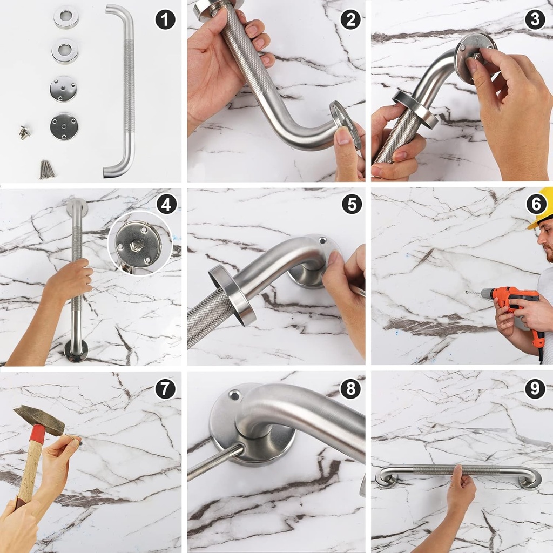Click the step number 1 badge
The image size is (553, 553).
[x=165, y=19]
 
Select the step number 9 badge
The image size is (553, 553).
[x=535, y=388]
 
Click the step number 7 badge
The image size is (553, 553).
[x=165, y=389]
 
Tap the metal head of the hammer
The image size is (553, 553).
[x=39, y=420]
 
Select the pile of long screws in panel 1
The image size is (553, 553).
[x=48, y=169]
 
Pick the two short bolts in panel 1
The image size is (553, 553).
[x=24, y=132]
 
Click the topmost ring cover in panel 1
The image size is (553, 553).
[x=66, y=17]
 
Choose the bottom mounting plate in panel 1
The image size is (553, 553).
[x=64, y=126]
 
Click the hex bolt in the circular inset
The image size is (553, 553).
[x=137, y=244]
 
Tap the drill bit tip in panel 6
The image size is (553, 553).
[x=466, y=292]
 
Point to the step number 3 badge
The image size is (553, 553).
[x=535, y=19]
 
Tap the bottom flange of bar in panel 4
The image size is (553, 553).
[x=76, y=351]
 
